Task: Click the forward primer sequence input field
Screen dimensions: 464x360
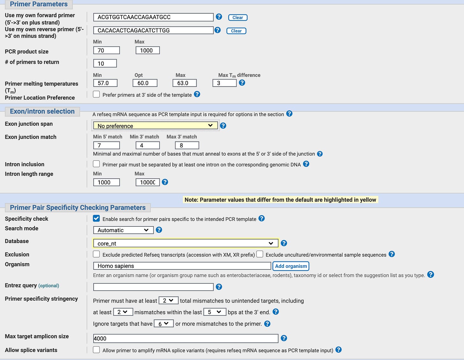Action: pyautogui.click(x=153, y=17)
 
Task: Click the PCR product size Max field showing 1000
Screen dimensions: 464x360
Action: pyautogui.click(x=148, y=50)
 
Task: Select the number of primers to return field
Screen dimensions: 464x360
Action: pyautogui.click(x=105, y=63)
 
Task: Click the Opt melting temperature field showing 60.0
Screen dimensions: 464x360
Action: pyautogui.click(x=145, y=83)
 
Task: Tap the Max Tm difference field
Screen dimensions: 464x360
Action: pyautogui.click(x=224, y=83)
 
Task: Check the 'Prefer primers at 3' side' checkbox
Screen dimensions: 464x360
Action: pyautogui.click(x=96, y=94)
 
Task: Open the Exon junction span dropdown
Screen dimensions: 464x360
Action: pyautogui.click(x=156, y=126)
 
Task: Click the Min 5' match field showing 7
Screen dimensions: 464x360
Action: pyautogui.click(x=106, y=145)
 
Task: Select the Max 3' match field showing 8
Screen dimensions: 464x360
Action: pyautogui.click(x=187, y=145)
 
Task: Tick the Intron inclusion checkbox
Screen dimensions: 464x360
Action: pyautogui.click(x=96, y=164)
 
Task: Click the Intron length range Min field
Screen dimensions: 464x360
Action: pyautogui.click(x=106, y=182)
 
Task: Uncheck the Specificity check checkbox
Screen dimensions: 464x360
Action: pyautogui.click(x=96, y=218)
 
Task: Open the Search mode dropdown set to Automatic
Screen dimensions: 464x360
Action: pyautogui.click(x=123, y=230)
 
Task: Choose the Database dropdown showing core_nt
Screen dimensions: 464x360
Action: pyautogui.click(x=186, y=243)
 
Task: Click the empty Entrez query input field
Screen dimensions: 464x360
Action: pyautogui.click(x=153, y=287)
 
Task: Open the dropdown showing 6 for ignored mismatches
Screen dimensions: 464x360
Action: pyautogui.click(x=163, y=324)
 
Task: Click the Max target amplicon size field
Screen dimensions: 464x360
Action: pyautogui.click(x=186, y=338)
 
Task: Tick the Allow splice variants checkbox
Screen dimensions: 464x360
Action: pyautogui.click(x=96, y=350)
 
